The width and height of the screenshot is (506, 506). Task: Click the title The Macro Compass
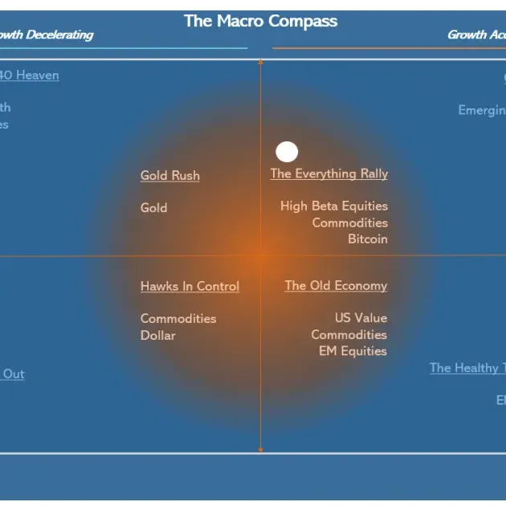(260, 21)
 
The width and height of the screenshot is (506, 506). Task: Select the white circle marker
(287, 152)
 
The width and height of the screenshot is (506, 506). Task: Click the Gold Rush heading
(170, 175)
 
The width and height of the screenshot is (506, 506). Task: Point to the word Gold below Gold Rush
(154, 207)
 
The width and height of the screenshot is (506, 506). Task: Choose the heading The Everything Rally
(329, 173)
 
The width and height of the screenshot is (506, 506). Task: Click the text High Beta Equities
(334, 206)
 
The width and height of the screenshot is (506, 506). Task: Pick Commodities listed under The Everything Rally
(350, 222)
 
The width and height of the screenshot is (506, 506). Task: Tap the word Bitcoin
(368, 239)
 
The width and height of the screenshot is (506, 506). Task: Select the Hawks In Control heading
(190, 286)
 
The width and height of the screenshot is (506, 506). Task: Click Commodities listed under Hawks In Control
(178, 318)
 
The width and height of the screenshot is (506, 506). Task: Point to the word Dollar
(158, 335)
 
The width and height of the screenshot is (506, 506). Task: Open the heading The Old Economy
(336, 286)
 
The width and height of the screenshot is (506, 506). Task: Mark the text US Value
(361, 318)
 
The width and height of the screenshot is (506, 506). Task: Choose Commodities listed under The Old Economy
(349, 334)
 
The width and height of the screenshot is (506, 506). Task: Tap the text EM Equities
(353, 351)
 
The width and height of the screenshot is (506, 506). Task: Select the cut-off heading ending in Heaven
(30, 75)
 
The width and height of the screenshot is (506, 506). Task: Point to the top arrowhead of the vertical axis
(260, 61)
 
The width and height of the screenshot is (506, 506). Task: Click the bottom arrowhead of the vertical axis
(260, 451)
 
